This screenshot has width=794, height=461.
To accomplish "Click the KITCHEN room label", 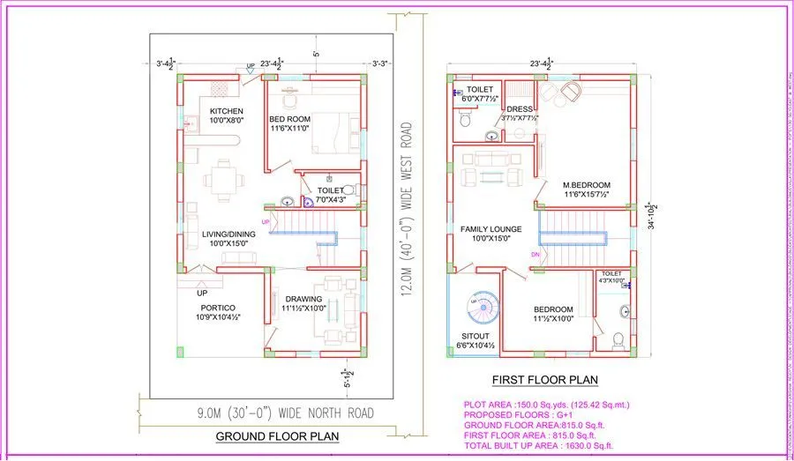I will coord(227,111).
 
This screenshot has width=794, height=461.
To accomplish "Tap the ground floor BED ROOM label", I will coord(288,118).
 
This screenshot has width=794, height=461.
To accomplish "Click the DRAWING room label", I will coord(303,299).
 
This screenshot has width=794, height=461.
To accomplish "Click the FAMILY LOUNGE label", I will coord(491,229).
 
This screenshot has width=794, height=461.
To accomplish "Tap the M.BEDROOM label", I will coord(587,185).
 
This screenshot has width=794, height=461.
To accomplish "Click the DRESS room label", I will coord(519,109).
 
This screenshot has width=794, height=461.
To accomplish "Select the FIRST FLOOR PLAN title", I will coord(544,380).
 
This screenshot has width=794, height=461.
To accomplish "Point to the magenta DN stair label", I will coord(535,255).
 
